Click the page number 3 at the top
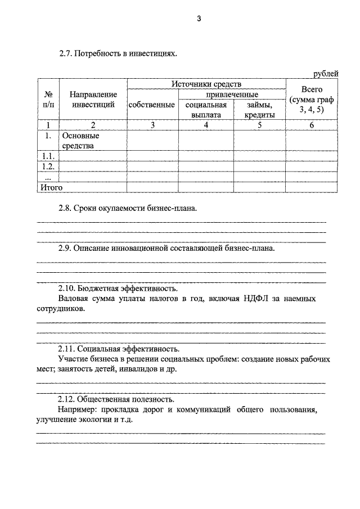[x=199, y=19]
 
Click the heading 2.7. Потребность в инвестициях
[x=118, y=55]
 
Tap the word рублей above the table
[x=326, y=73]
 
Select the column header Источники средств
[x=206, y=84]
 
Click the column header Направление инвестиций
[x=93, y=100]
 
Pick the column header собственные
[x=152, y=105]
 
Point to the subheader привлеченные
[x=232, y=94]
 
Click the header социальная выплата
[x=205, y=110]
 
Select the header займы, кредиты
[x=259, y=110]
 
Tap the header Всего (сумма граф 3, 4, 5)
[x=312, y=100]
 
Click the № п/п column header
[x=48, y=100]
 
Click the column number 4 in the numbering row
[x=206, y=125]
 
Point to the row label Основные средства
[x=80, y=141]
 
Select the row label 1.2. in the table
[x=48, y=166]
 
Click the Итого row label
[x=51, y=187]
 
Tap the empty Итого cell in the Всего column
[x=312, y=187]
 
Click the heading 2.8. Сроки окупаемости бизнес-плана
[x=128, y=209]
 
